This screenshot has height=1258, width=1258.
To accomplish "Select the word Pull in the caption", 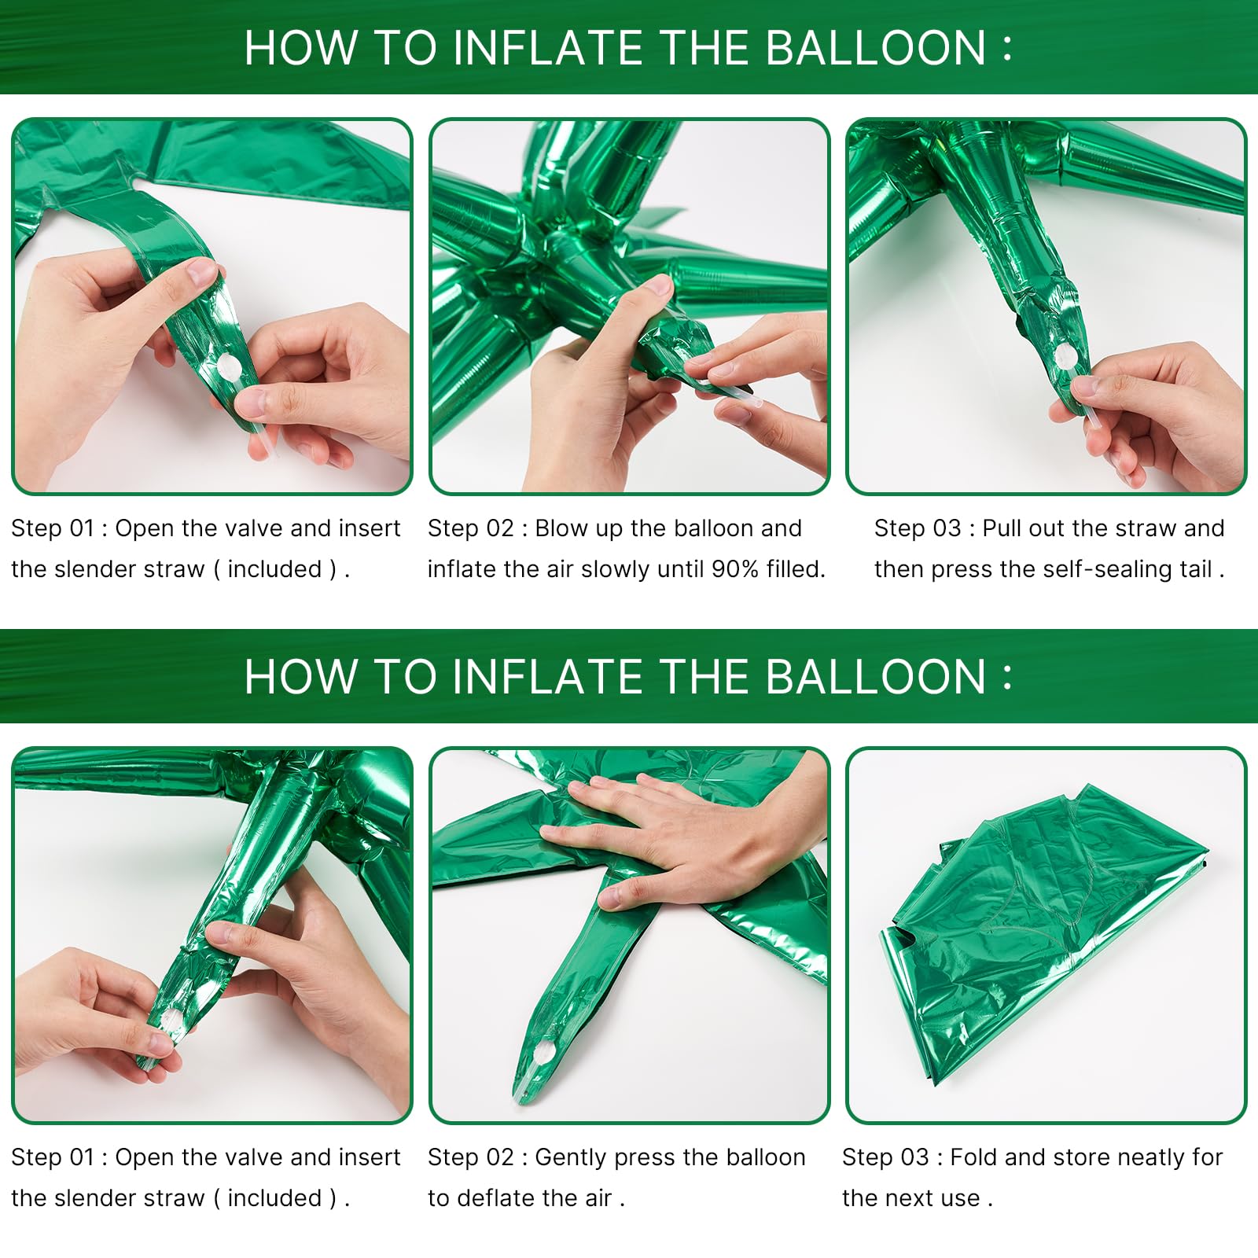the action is (1002, 528).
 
